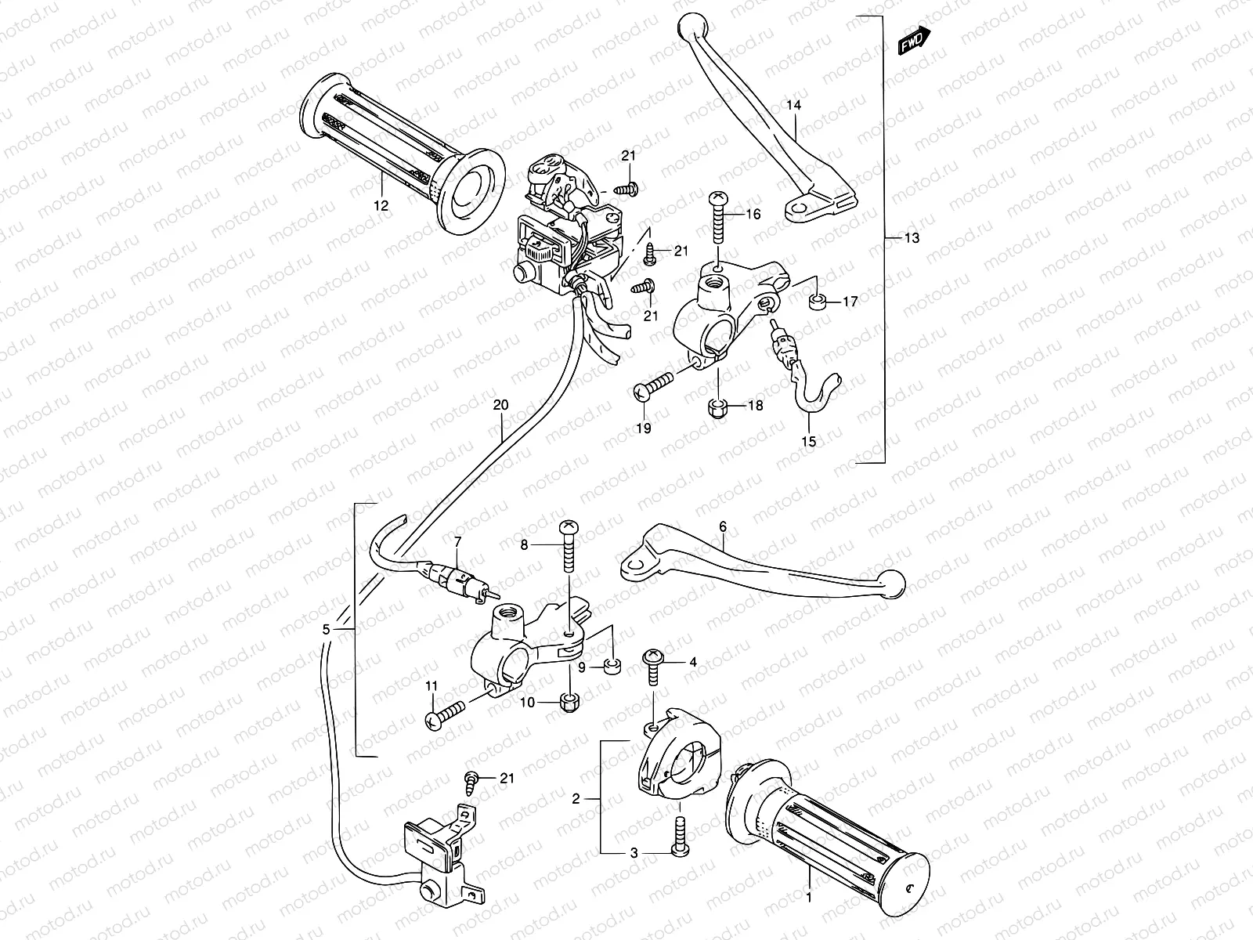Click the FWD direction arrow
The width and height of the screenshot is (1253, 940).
[x=914, y=40]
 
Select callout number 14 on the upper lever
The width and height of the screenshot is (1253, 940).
[x=794, y=105]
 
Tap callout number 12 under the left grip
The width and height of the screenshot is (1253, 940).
[x=381, y=207]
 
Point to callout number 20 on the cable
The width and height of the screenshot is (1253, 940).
[x=500, y=406]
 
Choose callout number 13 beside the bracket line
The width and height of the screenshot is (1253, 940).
[x=912, y=238]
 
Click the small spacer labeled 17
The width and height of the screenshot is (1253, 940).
[x=815, y=301]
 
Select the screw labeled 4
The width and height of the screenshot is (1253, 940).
[x=652, y=665]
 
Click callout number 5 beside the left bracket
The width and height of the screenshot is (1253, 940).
[x=327, y=630]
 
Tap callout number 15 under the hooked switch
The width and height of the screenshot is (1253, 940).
[x=809, y=441]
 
